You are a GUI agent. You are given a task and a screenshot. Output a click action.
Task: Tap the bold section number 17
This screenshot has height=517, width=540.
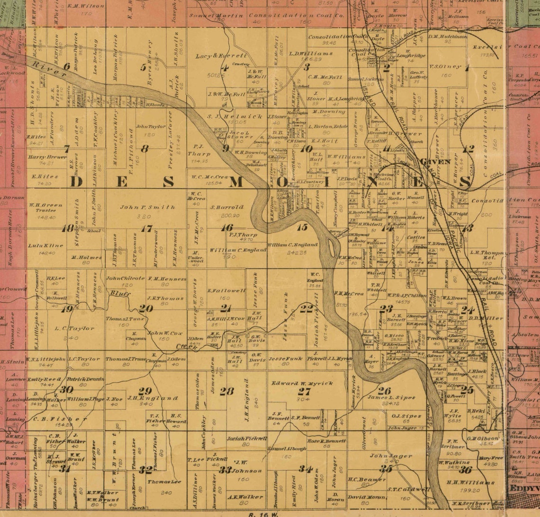[x=147, y=229]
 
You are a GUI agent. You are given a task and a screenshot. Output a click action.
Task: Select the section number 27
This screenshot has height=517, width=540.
[x=304, y=391]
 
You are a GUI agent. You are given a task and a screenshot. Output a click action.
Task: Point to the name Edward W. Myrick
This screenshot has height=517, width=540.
[x=302, y=383]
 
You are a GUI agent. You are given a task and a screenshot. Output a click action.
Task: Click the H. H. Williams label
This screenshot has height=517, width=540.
[x=464, y=482]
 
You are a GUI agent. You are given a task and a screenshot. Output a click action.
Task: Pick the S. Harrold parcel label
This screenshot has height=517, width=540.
[x=227, y=207]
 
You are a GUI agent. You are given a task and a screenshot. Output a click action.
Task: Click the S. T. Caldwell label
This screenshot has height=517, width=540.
[x=405, y=490]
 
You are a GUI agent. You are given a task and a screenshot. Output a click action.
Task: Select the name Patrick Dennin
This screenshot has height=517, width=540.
[x=85, y=379]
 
